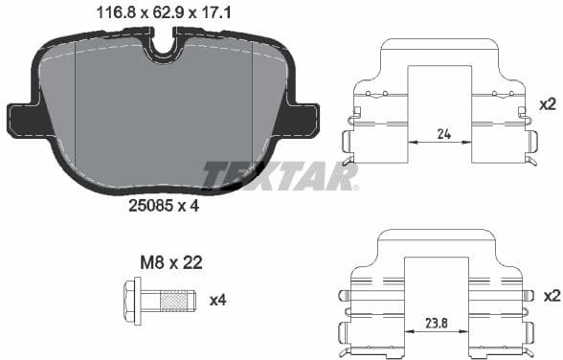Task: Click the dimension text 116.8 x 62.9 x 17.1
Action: (x=164, y=13)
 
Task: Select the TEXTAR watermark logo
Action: (x=281, y=175)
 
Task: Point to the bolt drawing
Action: (x=160, y=299)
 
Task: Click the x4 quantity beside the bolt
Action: (x=219, y=300)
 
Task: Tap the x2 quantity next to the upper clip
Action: (x=548, y=103)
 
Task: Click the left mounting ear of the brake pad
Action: (x=21, y=120)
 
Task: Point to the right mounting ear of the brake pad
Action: (x=304, y=120)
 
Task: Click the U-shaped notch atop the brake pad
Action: (x=164, y=45)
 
